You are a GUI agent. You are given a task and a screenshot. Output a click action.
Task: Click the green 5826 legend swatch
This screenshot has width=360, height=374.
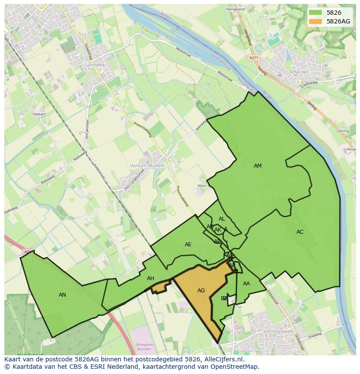click(316, 13)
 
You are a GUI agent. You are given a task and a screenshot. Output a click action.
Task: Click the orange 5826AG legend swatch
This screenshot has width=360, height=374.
click(316, 21)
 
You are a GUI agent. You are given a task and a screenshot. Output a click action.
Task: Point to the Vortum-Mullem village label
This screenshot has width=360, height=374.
click(147, 165)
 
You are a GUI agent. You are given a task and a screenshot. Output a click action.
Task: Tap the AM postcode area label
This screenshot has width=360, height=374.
click(258, 165)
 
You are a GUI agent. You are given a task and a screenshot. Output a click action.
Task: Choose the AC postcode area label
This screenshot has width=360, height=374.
click(300, 232)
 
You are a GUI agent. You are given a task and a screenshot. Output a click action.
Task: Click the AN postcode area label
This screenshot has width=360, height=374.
click(62, 295)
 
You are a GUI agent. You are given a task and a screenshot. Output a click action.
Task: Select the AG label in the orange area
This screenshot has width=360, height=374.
click(201, 290)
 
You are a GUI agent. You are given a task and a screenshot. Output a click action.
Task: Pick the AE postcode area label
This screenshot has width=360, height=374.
click(188, 245)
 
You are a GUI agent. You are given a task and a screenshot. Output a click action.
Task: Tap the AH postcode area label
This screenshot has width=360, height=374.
click(150, 278)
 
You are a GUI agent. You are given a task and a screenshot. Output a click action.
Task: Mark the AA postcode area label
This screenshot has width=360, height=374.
click(247, 284)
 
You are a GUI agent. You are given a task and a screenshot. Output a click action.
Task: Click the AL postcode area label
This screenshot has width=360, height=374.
click(222, 219)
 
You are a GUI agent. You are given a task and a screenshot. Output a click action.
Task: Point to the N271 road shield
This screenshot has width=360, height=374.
click(253, 57)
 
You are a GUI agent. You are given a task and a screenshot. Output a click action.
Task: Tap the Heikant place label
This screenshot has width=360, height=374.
click(39, 114)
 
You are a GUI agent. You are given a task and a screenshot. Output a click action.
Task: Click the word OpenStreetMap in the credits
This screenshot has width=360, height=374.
click(236, 367)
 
